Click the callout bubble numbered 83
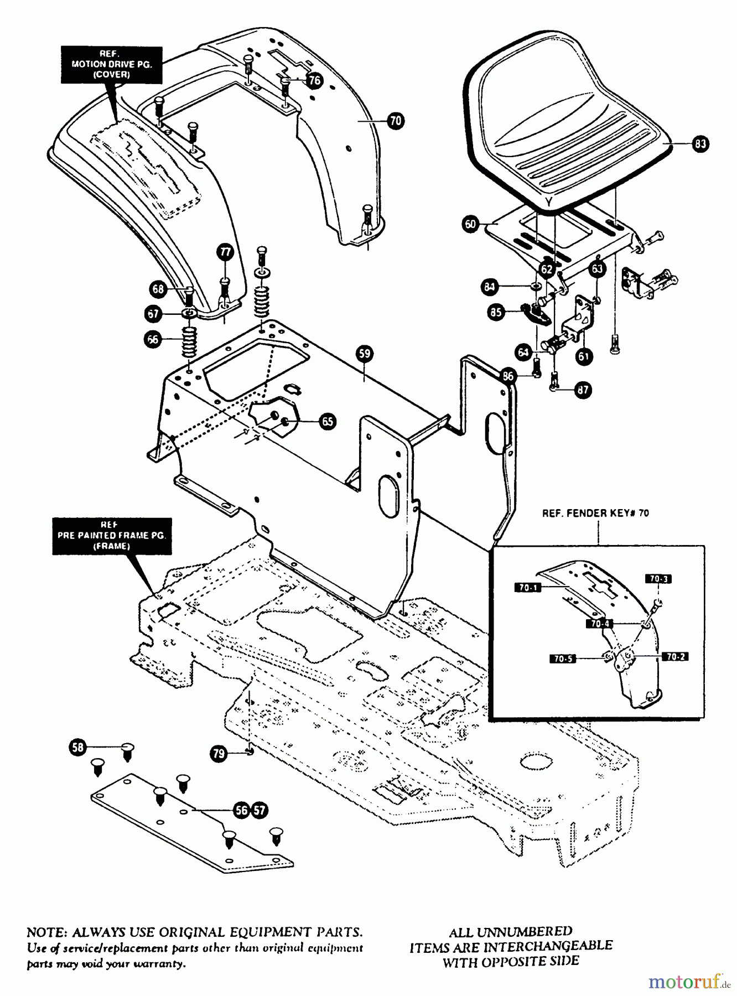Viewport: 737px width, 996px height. [x=700, y=144]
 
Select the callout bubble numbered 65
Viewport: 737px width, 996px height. [x=328, y=422]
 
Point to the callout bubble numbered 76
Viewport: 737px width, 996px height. [x=314, y=81]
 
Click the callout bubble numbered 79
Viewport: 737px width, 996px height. [x=219, y=753]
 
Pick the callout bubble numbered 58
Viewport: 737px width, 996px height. [x=78, y=748]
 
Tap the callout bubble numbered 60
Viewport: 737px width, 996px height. [x=470, y=224]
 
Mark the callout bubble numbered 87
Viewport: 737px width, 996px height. [x=583, y=390]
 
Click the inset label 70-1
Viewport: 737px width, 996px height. [x=528, y=588]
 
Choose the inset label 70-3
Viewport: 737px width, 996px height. [x=658, y=579]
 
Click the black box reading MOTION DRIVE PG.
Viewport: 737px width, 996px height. [x=112, y=64]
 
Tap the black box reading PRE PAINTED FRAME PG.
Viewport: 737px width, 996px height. [x=112, y=536]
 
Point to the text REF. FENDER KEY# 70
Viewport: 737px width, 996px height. [x=595, y=513]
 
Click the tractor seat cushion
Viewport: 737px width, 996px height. [x=564, y=127]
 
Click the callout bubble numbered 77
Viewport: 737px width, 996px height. [x=225, y=252]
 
